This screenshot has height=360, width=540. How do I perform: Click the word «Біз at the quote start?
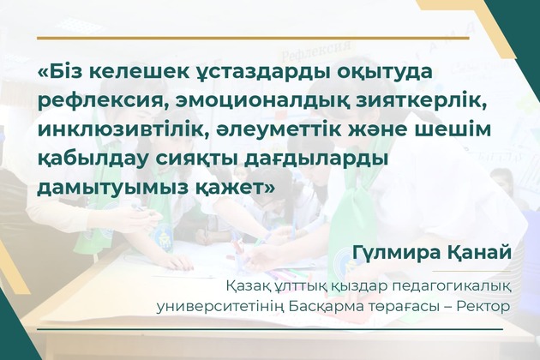coord(61,73)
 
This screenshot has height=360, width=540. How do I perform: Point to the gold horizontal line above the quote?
coord(253,39)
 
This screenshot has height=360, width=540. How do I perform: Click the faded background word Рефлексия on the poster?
coord(315,52)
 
